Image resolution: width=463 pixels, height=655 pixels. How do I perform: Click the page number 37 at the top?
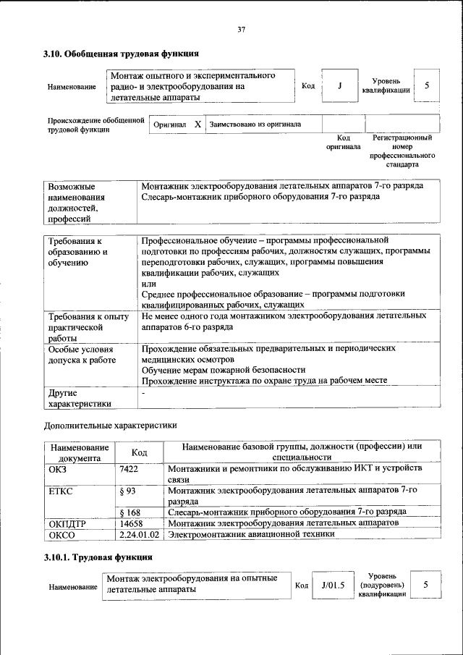[242, 30]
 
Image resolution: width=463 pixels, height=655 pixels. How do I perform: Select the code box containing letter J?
[339, 86]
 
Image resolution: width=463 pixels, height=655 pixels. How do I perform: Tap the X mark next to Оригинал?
[197, 124]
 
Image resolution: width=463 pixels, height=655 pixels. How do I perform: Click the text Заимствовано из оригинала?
[255, 124]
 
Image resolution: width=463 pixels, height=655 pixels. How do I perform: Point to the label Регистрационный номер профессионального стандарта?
[402, 151]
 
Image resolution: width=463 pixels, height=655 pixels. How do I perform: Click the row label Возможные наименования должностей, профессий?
[77, 202]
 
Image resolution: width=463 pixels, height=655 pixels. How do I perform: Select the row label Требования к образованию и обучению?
[77, 252]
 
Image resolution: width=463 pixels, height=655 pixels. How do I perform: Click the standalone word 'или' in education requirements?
[148, 284]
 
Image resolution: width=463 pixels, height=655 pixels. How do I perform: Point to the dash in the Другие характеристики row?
[143, 393]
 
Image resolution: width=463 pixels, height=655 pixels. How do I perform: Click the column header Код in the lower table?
[140, 452]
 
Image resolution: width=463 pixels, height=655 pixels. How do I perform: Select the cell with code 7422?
[129, 469]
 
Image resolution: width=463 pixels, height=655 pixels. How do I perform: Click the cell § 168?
[129, 512]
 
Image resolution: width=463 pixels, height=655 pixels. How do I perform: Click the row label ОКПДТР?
[67, 523]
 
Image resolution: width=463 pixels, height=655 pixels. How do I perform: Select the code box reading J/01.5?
[333, 584]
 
